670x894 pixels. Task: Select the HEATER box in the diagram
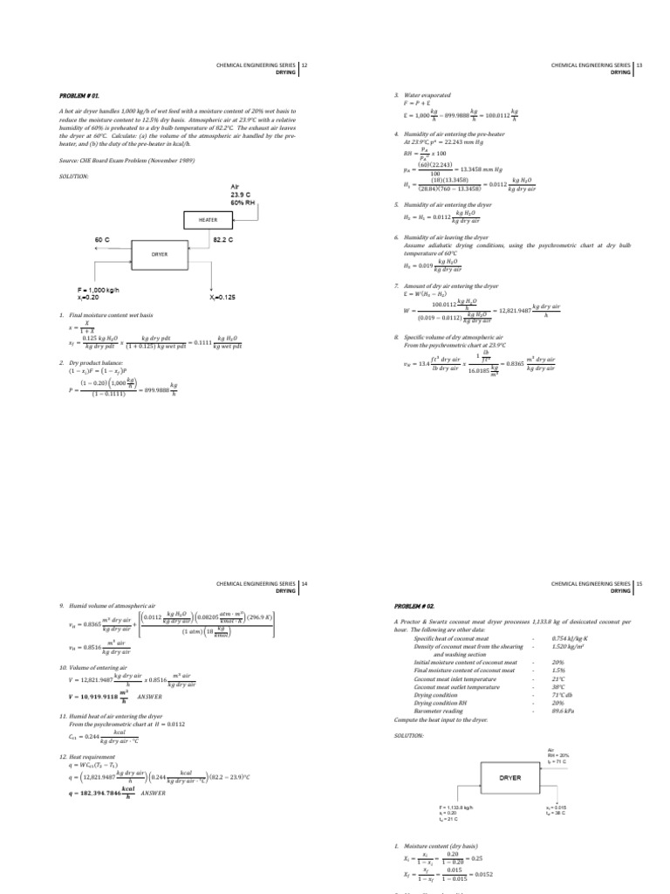pyautogui.click(x=207, y=221)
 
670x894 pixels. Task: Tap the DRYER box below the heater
pyautogui.click(x=159, y=254)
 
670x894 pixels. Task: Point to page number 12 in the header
pyautogui.click(x=304, y=65)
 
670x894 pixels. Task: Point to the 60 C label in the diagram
pyautogui.click(x=102, y=238)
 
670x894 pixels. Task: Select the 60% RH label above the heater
pyautogui.click(x=243, y=203)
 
